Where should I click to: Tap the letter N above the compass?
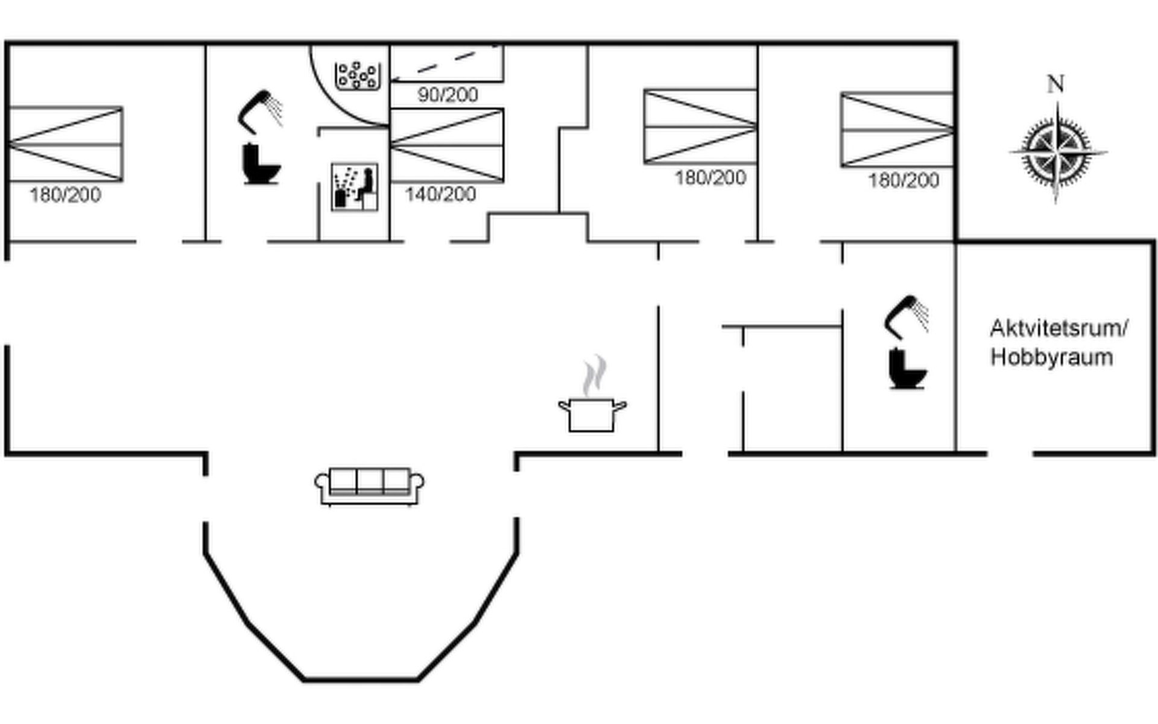pos(1055,84)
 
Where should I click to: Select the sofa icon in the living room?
pos(369,486)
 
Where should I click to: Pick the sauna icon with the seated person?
pos(355,187)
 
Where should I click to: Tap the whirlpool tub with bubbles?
pos(357,75)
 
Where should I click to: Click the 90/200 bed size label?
pos(448,95)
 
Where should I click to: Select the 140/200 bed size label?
pos(440,194)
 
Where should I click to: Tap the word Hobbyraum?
pos(1051,357)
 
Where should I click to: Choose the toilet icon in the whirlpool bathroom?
pos(261,163)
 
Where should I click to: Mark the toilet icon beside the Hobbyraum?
pos(907,369)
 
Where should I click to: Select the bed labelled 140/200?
pos(447,145)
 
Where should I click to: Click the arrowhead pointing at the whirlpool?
pos(395,78)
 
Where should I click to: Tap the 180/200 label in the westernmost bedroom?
pos(65,195)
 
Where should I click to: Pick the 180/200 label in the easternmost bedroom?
pos(903,180)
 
